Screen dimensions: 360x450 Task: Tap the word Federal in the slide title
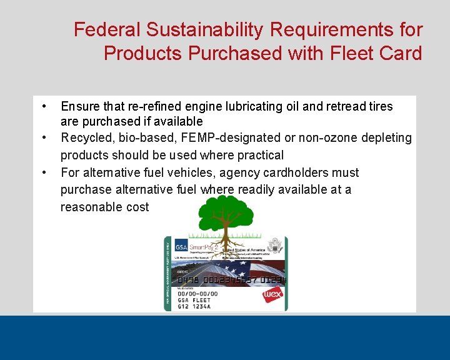point(107,29)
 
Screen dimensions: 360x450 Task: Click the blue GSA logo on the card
point(181,245)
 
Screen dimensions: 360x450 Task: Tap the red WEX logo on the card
point(272,294)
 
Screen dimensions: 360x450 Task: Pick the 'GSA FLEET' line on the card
point(194,299)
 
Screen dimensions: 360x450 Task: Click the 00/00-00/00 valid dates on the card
point(197,293)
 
